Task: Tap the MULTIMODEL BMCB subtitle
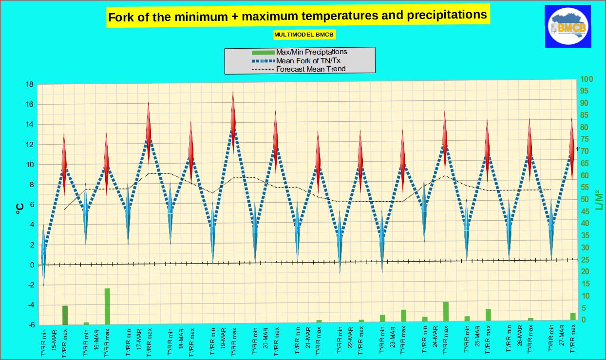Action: point(305,35)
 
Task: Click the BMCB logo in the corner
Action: point(568,27)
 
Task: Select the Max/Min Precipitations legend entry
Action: point(311,52)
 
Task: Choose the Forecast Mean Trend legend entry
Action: point(311,69)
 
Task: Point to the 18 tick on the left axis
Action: point(29,84)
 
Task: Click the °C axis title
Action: point(20,208)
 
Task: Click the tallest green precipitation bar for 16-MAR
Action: point(107,306)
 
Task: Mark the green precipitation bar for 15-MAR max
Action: point(65,315)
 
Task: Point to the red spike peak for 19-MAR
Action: point(233,93)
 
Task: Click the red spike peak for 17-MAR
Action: point(149,103)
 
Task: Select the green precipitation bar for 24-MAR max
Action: point(446,312)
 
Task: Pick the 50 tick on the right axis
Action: point(585,199)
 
